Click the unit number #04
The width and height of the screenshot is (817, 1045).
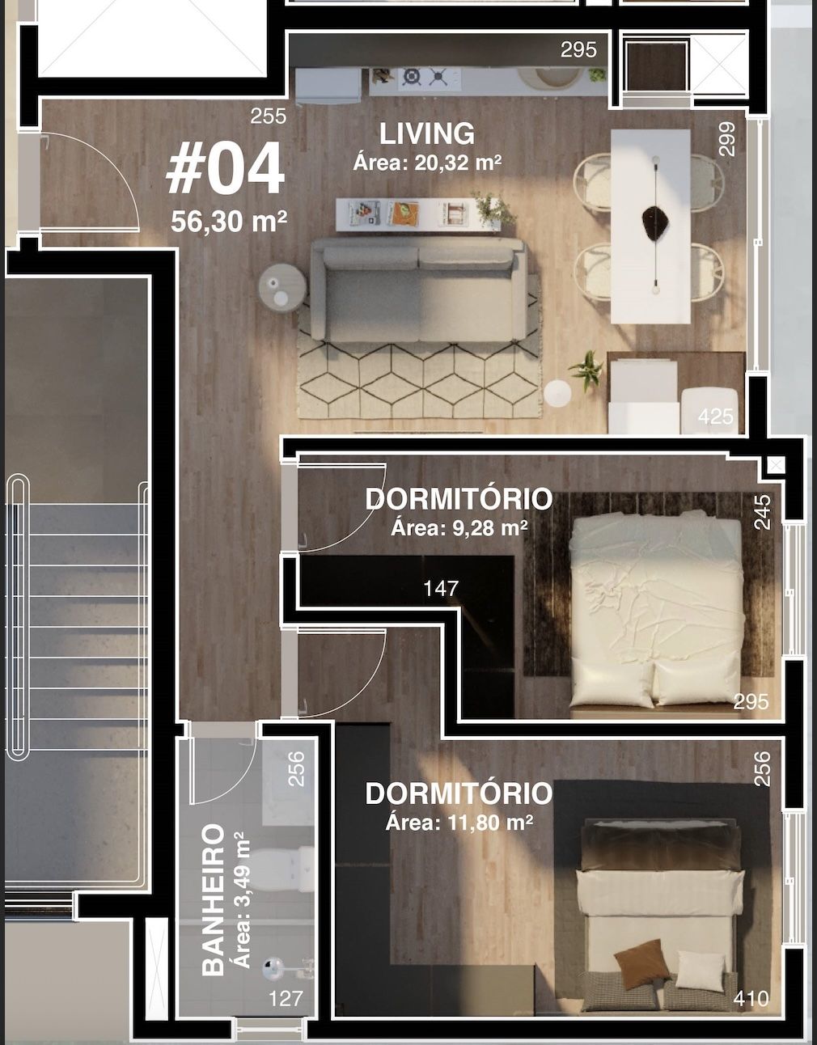(x=225, y=169)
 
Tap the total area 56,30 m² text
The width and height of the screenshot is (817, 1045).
(x=229, y=221)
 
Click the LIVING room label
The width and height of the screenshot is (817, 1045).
(x=427, y=133)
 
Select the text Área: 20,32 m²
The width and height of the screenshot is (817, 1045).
(x=427, y=163)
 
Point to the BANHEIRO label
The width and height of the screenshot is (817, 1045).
(x=213, y=899)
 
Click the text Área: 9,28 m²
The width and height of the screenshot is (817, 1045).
(x=459, y=529)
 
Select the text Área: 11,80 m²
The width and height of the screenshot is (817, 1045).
(x=459, y=823)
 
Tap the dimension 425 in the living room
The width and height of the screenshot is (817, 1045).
(x=715, y=417)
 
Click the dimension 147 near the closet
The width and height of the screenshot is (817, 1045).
(x=441, y=588)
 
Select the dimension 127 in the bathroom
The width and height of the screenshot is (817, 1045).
(x=286, y=999)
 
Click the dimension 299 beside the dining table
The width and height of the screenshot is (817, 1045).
(x=727, y=138)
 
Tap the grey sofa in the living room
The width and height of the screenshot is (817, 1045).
(x=419, y=290)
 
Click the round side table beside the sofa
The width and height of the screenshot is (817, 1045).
(x=282, y=286)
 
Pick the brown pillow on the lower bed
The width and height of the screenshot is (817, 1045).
(x=640, y=962)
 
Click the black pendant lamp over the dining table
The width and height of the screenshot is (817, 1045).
(x=655, y=219)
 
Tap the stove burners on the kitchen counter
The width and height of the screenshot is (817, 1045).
(x=425, y=78)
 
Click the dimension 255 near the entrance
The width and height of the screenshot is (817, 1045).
(x=268, y=116)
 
